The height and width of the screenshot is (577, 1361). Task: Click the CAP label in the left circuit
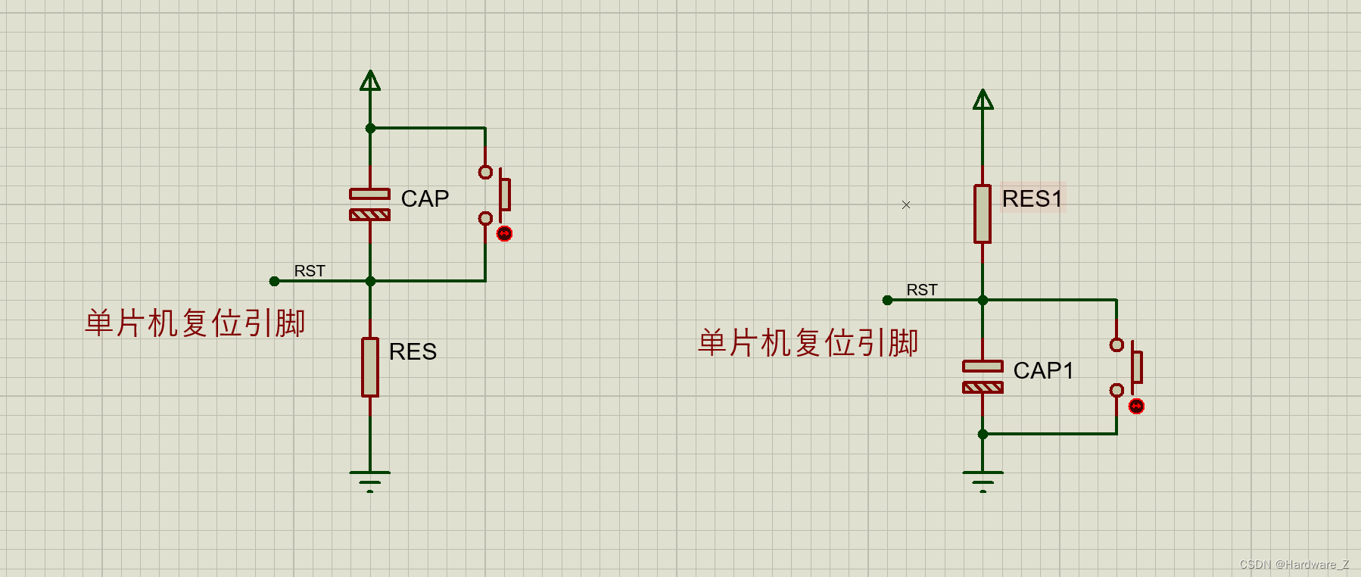coord(425,198)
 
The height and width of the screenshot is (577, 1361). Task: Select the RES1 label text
coord(1032,198)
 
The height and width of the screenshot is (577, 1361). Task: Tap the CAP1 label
coord(1043,370)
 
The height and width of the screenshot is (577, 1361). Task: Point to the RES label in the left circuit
coord(413,351)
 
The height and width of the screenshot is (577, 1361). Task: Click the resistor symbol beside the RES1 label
coord(983,214)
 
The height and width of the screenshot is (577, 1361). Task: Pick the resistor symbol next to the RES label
coord(370,367)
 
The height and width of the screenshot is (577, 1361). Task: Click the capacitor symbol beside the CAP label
coord(370,204)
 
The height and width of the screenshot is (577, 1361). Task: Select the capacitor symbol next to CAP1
coord(983,376)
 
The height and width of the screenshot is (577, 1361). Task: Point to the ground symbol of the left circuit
coord(370,480)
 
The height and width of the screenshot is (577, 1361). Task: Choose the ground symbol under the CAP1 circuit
coord(983,480)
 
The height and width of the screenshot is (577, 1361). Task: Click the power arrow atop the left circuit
coord(370,80)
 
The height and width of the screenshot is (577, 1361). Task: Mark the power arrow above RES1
coord(983,99)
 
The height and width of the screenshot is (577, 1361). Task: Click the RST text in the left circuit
coord(310,271)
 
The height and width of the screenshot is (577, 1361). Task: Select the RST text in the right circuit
coord(922,290)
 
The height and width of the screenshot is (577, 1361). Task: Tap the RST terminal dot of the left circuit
coord(275,281)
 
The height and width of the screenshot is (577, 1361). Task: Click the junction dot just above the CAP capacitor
coord(370,128)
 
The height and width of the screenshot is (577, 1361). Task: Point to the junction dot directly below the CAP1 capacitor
coord(983,434)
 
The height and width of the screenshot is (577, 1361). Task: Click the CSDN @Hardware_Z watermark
coord(1294,564)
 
